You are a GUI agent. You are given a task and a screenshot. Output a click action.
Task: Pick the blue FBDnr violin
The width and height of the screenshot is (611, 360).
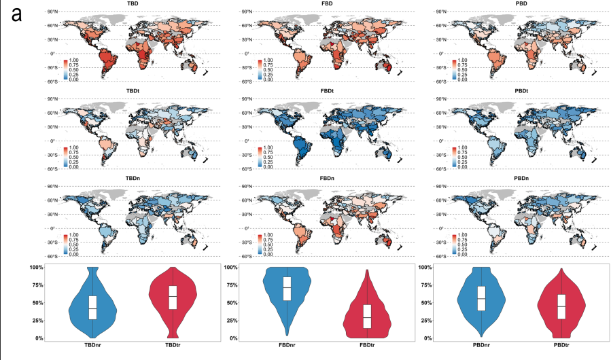click(x=287, y=292)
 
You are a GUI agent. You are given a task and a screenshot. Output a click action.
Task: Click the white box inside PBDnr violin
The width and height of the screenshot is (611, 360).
click(x=481, y=300)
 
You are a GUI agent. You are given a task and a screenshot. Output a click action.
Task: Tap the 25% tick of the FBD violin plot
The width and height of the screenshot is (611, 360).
click(x=232, y=321)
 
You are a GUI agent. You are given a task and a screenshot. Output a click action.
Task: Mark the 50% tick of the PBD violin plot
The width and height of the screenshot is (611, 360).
click(x=427, y=303)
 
